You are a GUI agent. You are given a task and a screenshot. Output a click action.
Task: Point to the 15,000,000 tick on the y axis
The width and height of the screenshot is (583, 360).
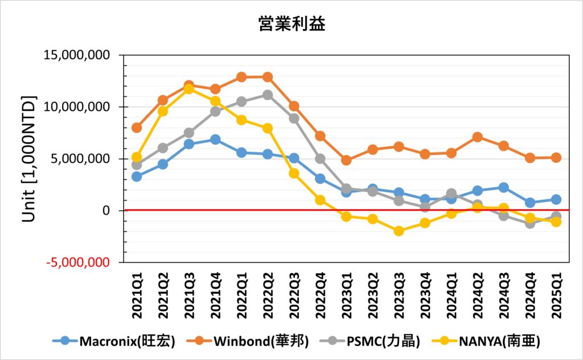coord(83,56)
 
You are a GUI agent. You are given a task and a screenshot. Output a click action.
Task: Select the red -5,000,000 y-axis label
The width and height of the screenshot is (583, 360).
coord(83,263)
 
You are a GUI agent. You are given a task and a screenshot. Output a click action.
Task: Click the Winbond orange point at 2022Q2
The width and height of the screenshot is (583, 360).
coord(268,77)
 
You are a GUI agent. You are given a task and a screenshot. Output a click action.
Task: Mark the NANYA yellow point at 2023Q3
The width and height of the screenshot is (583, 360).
coord(399,231)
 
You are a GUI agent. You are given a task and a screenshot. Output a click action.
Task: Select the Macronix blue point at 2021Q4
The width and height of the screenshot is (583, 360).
coord(215,140)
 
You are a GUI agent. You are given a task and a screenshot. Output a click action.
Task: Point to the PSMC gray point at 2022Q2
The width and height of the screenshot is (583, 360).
coord(268,95)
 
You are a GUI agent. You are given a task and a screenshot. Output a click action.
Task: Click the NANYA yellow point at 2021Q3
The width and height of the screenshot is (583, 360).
coord(189,89)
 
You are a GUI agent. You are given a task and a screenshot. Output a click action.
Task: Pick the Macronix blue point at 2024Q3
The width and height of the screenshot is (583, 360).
coord(503,187)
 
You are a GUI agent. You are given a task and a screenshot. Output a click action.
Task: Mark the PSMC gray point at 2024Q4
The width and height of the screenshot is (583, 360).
coord(529,223)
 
